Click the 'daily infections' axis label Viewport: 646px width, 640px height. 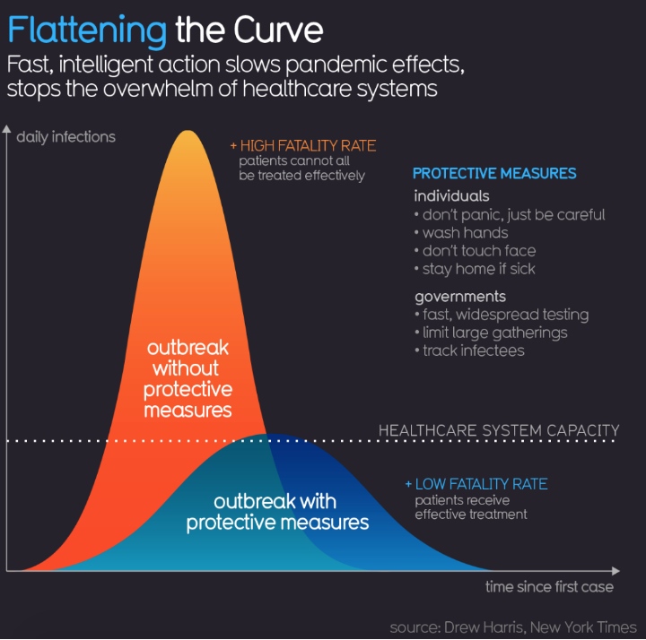pos(65,137)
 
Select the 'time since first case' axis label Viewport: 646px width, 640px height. pos(549,587)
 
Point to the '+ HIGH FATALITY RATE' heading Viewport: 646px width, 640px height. pos(302,145)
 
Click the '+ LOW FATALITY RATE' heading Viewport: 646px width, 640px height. pos(476,484)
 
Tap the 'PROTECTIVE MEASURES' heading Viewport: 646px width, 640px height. pos(494,173)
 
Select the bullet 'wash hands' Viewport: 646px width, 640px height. pos(465,233)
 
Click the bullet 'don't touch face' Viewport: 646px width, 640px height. pos(479,251)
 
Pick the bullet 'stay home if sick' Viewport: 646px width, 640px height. pos(479,269)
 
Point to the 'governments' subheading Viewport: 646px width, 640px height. pos(460,297)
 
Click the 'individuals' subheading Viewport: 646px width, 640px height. pos(452,196)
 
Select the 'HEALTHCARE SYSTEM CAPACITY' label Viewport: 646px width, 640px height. pos(499,430)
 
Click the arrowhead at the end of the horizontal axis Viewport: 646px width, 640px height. pos(614,570)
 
